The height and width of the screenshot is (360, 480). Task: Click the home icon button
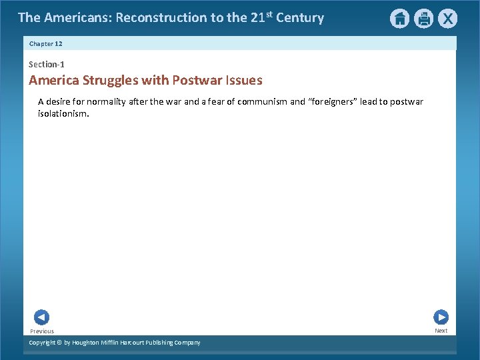coord(399,19)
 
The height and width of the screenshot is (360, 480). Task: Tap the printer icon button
coord(423,19)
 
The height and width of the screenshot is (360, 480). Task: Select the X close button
coord(447,19)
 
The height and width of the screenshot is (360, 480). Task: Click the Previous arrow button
coord(41,317)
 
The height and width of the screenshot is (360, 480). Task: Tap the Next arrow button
coord(441,317)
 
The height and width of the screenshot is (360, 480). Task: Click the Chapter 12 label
coord(46,43)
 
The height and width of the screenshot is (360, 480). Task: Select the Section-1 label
coord(47,65)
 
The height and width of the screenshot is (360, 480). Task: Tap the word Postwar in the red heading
coord(197,81)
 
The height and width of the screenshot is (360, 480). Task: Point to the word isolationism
coord(63,114)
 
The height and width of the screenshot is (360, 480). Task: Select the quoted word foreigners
coord(332,102)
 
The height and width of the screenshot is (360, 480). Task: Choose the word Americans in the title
coord(77,18)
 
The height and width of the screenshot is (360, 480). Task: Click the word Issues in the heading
coord(244,81)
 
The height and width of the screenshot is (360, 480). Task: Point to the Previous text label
coord(42,331)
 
